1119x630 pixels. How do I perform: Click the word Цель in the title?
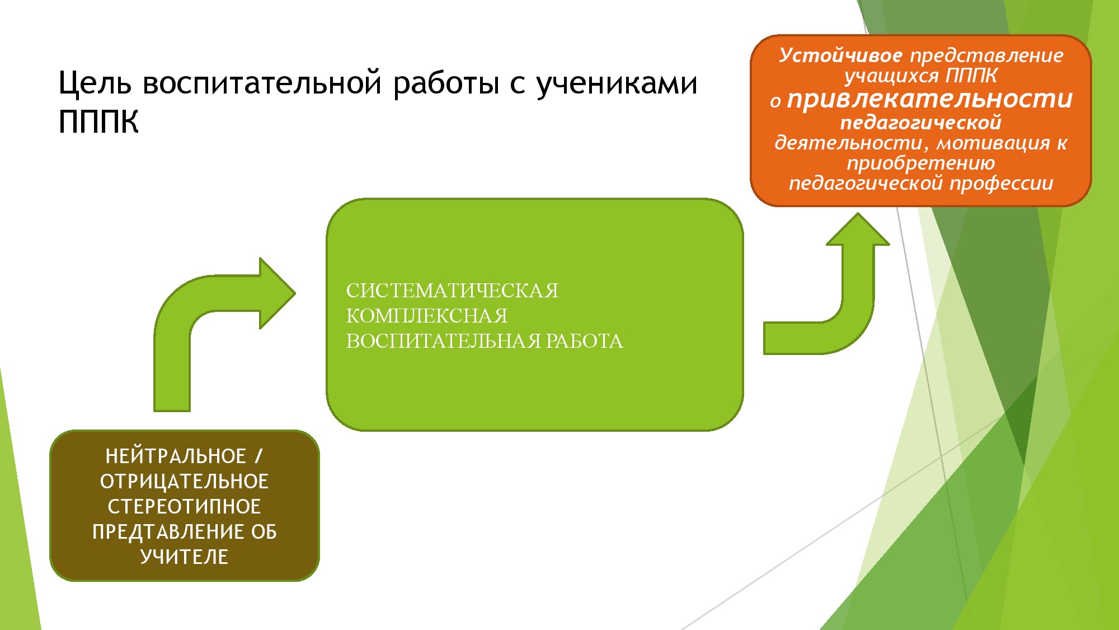(x=95, y=83)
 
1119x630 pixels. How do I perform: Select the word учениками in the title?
(x=617, y=83)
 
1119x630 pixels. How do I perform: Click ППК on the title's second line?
(x=98, y=122)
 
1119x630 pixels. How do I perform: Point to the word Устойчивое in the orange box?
(x=840, y=55)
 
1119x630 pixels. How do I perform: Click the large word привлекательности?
(x=930, y=99)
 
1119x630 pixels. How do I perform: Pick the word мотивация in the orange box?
(x=993, y=143)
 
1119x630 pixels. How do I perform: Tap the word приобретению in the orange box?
(x=921, y=163)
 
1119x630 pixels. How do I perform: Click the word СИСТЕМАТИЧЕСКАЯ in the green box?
(x=452, y=291)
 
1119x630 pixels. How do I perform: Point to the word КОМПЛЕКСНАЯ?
(x=427, y=316)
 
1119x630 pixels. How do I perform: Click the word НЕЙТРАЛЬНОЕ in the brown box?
(x=176, y=456)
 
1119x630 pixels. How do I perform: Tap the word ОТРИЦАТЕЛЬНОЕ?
(x=185, y=482)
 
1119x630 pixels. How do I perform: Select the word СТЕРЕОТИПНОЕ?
(x=185, y=507)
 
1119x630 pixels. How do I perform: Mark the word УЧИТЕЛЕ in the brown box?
(x=185, y=557)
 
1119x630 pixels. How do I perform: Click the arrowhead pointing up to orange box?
(x=858, y=230)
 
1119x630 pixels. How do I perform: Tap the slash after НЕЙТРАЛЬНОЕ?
(x=258, y=456)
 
